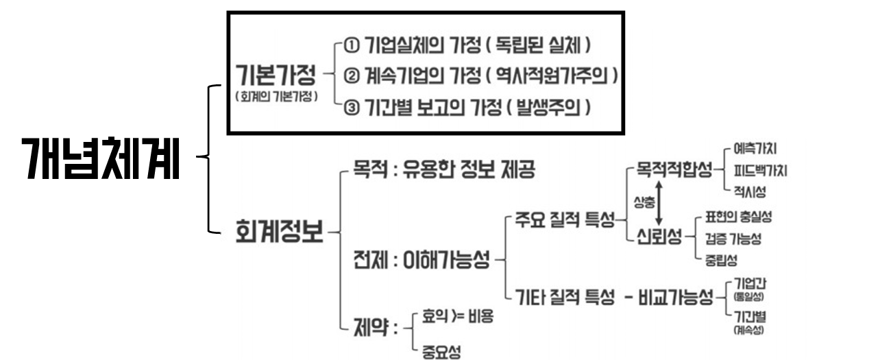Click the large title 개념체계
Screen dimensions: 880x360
point(100,159)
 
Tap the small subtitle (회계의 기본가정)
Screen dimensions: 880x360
point(276,97)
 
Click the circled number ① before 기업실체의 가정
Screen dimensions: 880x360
point(351,46)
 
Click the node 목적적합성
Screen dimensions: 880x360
point(674,168)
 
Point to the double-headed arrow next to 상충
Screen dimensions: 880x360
point(659,203)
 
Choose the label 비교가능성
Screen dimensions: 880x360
point(677,299)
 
